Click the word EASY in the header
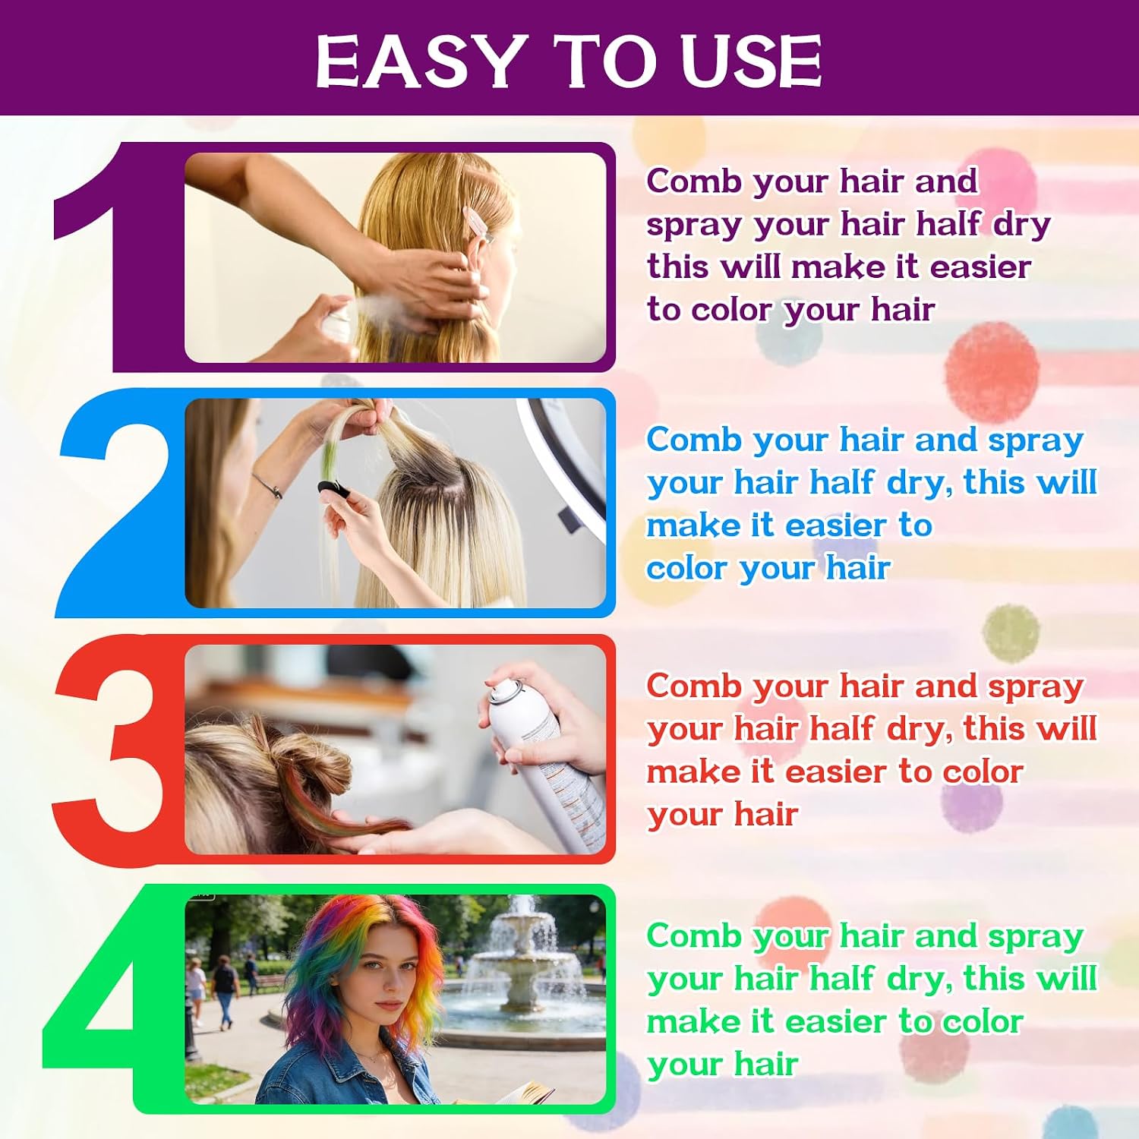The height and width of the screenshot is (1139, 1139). [x=421, y=61]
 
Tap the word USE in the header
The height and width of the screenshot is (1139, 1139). [x=751, y=61]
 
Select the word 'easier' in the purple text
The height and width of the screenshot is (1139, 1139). [x=980, y=267]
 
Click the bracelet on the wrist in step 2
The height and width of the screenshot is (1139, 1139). [x=267, y=486]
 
